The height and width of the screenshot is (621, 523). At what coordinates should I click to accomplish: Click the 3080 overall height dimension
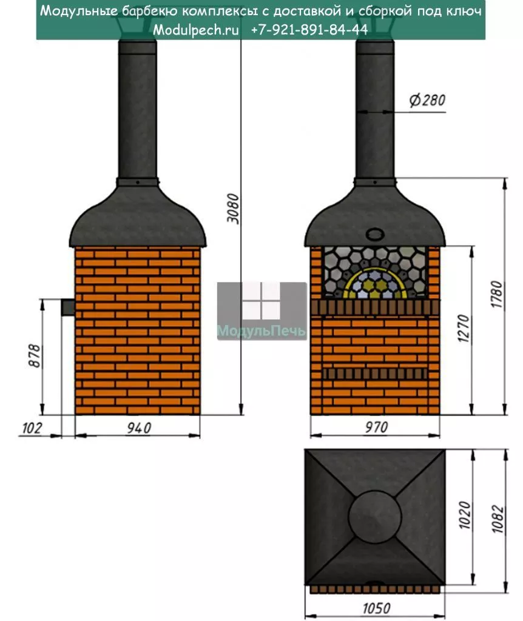coord(234,209)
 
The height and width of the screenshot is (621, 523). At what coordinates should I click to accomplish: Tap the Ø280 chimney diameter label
coord(427,100)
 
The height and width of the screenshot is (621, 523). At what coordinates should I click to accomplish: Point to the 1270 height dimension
coord(463,328)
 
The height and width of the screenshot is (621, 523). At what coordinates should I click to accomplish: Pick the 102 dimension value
coord(32,428)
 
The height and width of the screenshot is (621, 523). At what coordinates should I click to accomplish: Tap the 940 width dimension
coord(139,428)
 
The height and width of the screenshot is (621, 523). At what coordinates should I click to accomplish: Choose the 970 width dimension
coord(376,428)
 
